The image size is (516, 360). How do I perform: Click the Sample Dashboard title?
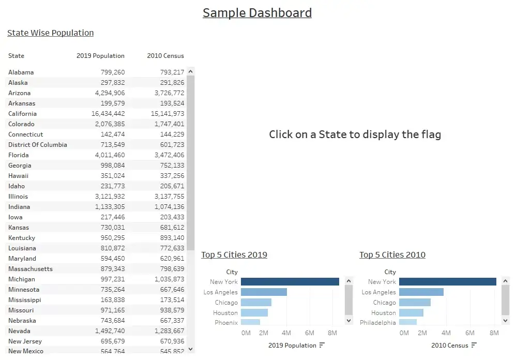pyautogui.click(x=257, y=13)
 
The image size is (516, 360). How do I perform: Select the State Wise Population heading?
pyautogui.click(x=50, y=33)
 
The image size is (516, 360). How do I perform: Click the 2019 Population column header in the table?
pyautogui.click(x=100, y=56)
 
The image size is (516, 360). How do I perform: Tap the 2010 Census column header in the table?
pyautogui.click(x=165, y=56)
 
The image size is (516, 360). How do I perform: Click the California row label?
pyautogui.click(x=22, y=113)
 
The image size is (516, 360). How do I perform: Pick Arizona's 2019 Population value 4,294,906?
pyautogui.click(x=110, y=93)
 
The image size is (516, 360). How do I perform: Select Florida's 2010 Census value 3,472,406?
pyautogui.click(x=169, y=155)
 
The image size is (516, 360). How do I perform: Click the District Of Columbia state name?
pyautogui.click(x=38, y=145)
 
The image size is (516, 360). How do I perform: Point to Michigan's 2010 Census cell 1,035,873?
pyautogui.click(x=169, y=279)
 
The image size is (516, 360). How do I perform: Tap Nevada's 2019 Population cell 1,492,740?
pyautogui.click(x=110, y=331)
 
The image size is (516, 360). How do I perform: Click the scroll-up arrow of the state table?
pyautogui.click(x=191, y=71)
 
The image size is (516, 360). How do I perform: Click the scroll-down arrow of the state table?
pyautogui.click(x=191, y=349)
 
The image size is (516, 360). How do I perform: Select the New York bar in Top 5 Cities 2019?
pyautogui.click(x=290, y=282)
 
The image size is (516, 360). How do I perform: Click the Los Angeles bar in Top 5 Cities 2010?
pyautogui.click(x=421, y=292)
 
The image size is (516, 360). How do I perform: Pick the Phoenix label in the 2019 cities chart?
pyautogui.click(x=226, y=322)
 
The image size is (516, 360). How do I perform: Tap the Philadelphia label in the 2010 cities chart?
pyautogui.click(x=378, y=322)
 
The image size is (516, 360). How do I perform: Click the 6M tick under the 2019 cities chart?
pyautogui.click(x=309, y=333)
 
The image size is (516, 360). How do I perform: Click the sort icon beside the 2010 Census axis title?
pyautogui.click(x=474, y=345)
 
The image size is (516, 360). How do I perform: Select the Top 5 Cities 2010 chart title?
pyautogui.click(x=392, y=254)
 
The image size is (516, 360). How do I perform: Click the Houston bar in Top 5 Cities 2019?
pyautogui.click(x=254, y=312)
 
